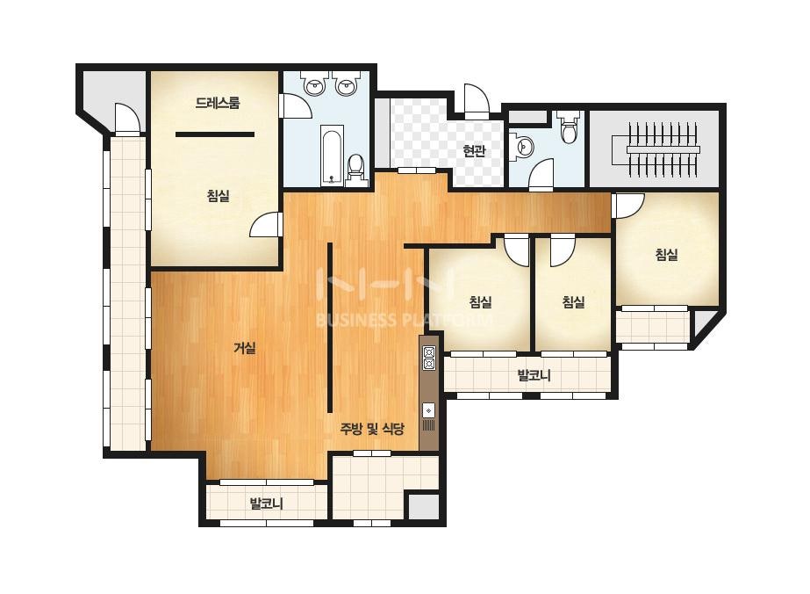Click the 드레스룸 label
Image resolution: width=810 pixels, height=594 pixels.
[218, 103]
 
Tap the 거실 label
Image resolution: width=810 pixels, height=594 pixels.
[245, 348]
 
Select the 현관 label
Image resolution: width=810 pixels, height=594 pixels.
[474, 151]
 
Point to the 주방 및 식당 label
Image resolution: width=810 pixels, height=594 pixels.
[372, 429]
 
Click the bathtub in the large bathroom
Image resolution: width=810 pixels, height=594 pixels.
[331, 154]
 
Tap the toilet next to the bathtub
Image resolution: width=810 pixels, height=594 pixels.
[355, 168]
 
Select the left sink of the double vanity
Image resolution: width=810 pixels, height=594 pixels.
[313, 85]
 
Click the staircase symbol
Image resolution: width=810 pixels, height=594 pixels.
[663, 149]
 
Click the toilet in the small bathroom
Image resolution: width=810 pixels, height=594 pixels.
[569, 128]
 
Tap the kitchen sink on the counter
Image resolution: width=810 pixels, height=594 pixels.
[429, 411]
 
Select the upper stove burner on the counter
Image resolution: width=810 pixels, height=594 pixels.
[429, 352]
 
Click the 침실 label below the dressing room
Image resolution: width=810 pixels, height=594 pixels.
[218, 196]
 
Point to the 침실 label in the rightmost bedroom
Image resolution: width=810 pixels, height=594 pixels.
[666, 254]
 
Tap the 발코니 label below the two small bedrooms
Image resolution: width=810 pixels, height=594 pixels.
[534, 375]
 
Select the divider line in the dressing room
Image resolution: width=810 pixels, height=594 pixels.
[215, 134]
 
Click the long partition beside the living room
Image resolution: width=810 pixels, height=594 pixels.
[330, 327]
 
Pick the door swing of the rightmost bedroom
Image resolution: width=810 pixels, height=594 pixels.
[629, 206]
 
